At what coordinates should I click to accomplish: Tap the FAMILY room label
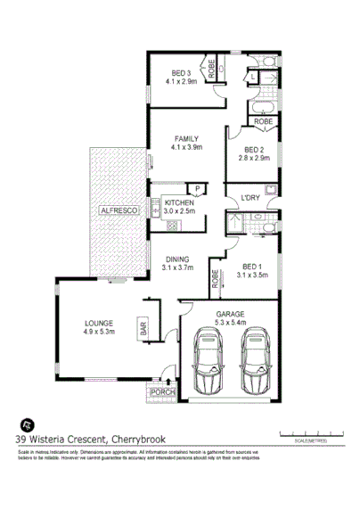point(186,139)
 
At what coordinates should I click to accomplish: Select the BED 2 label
point(254,150)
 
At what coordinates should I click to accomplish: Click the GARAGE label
point(231,315)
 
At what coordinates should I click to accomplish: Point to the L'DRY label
point(250,198)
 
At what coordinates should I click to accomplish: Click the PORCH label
point(162,392)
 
